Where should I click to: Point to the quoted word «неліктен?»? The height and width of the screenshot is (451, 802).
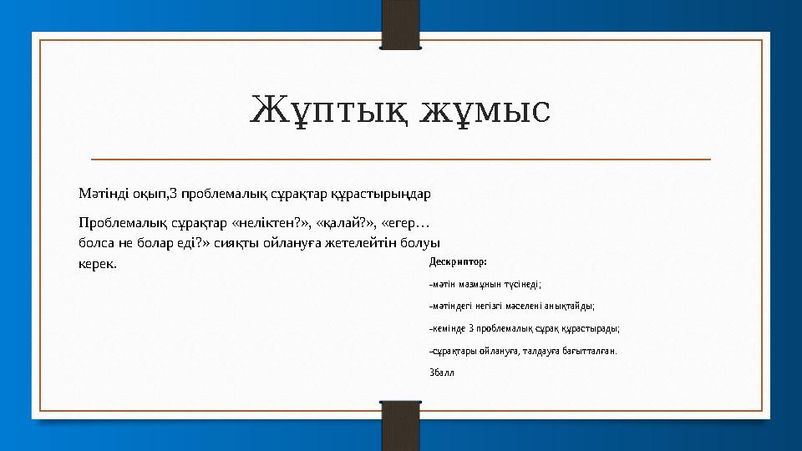coord(269,224)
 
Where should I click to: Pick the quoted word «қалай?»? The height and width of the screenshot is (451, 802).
coord(345,224)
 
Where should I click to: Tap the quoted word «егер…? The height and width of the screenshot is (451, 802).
coord(405,224)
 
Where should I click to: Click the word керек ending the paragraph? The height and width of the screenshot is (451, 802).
coord(94,264)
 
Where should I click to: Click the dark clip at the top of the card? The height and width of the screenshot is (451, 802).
coord(400,23)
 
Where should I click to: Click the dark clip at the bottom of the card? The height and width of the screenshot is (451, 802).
coord(400,426)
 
